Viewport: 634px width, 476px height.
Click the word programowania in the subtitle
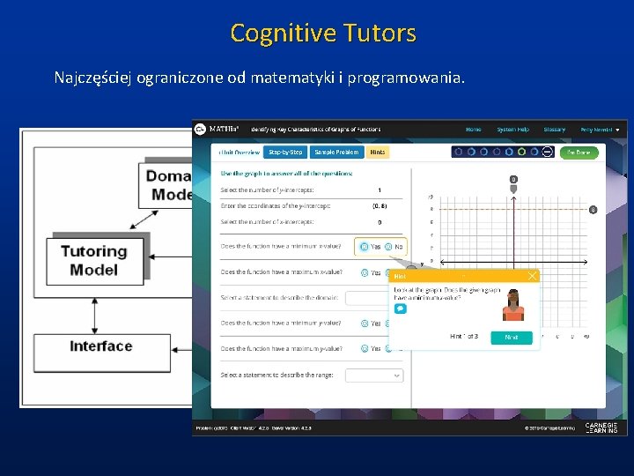coord(404,78)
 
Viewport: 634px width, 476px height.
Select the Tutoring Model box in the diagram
coord(94,261)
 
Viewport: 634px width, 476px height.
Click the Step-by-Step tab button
coord(285,152)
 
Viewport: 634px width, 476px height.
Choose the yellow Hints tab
coord(377,152)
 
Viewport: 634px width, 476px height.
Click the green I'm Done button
coord(579,152)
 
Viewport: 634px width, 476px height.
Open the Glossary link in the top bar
coord(554,130)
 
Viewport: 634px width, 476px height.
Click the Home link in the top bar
coord(474,130)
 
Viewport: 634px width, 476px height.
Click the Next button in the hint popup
coord(511,337)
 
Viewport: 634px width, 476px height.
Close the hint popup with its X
coord(532,276)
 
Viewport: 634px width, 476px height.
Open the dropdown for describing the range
coord(373,376)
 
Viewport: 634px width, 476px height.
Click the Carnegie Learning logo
coord(601,428)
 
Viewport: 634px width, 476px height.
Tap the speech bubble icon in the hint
coord(400,309)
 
